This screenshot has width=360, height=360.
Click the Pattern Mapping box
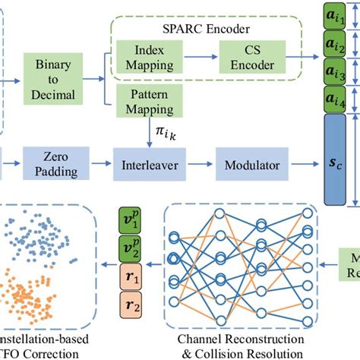pos(142,105)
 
